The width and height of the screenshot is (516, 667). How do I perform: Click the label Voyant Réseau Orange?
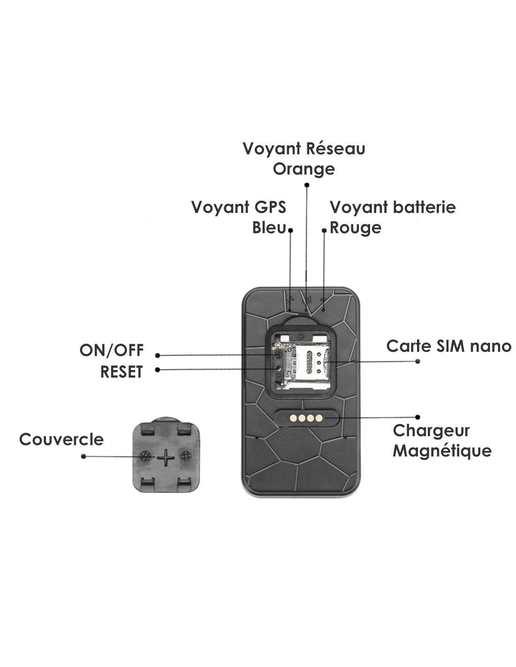(x=304, y=159)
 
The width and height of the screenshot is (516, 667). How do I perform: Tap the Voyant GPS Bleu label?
(x=239, y=217)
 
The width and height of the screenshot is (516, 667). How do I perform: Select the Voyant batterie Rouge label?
(x=392, y=217)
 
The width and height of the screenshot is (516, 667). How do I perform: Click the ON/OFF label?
(x=111, y=350)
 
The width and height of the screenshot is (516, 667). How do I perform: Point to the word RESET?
(x=121, y=371)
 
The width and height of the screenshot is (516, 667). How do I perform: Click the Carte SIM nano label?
(x=448, y=346)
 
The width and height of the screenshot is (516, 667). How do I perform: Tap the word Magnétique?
(x=442, y=451)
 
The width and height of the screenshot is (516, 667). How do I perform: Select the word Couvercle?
(x=61, y=440)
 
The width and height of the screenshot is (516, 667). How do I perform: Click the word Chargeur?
(x=431, y=430)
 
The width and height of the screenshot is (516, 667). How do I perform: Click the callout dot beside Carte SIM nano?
(x=418, y=361)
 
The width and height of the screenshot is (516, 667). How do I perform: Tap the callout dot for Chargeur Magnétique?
(x=418, y=417)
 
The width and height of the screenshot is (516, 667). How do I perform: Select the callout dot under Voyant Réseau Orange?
(x=307, y=185)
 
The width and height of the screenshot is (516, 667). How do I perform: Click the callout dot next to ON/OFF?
(x=158, y=355)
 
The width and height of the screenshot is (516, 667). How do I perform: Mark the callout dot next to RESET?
(x=158, y=370)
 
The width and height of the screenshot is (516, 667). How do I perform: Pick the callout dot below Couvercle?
(x=83, y=456)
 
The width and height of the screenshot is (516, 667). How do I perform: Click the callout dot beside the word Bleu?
(x=291, y=230)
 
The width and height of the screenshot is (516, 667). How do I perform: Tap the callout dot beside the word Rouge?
(x=324, y=230)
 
